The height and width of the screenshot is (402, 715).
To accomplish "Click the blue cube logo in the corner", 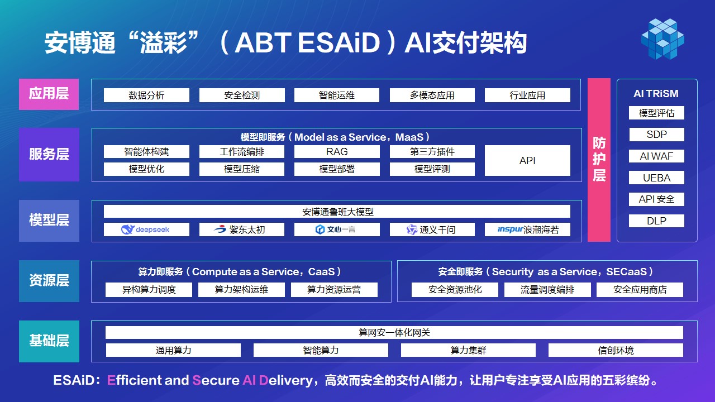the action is tap(662, 39).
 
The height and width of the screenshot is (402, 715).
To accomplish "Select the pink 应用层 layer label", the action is tap(49, 94).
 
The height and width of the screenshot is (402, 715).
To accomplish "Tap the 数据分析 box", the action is tap(146, 95).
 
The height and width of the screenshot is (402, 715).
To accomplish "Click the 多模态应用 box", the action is tap(432, 95).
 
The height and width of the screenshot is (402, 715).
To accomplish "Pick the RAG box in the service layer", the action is tap(337, 151).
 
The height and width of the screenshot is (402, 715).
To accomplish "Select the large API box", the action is tap(527, 160).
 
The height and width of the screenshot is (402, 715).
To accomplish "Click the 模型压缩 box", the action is tap(242, 169).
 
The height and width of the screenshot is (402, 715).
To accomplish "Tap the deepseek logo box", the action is tap(146, 229).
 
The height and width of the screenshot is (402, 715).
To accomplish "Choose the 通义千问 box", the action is tap(432, 229).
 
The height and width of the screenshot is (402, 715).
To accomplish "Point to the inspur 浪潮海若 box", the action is tap(527, 229).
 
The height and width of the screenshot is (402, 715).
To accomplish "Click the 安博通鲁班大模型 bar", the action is tap(337, 212).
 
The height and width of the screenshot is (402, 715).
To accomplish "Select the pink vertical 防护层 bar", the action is tap(599, 160).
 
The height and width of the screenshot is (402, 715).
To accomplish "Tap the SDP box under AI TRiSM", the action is tap(656, 135).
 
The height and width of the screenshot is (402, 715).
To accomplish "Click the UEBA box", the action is tap(656, 178).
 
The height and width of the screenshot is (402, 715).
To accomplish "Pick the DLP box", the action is tap(656, 221).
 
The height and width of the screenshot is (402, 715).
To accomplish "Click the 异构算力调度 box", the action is tap(149, 290).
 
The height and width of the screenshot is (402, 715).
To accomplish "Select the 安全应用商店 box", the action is tap(640, 290).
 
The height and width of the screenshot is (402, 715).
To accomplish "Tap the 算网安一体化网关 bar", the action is tap(394, 332).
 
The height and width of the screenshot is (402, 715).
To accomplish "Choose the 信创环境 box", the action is tap(616, 350).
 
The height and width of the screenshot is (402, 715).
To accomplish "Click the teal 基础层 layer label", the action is tap(49, 341).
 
